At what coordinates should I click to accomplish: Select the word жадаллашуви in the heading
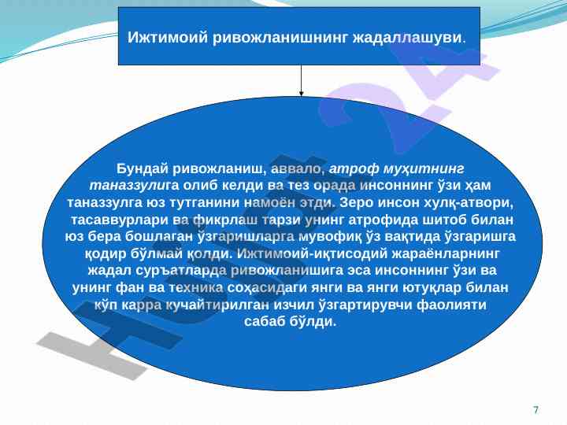click(x=408, y=37)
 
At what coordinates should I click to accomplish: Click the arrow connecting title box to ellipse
click(x=301, y=80)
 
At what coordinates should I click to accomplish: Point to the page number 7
click(x=536, y=410)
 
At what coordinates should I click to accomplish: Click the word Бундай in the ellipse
click(x=143, y=168)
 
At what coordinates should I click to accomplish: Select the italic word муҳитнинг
click(x=424, y=168)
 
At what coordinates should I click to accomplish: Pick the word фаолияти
click(x=452, y=305)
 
